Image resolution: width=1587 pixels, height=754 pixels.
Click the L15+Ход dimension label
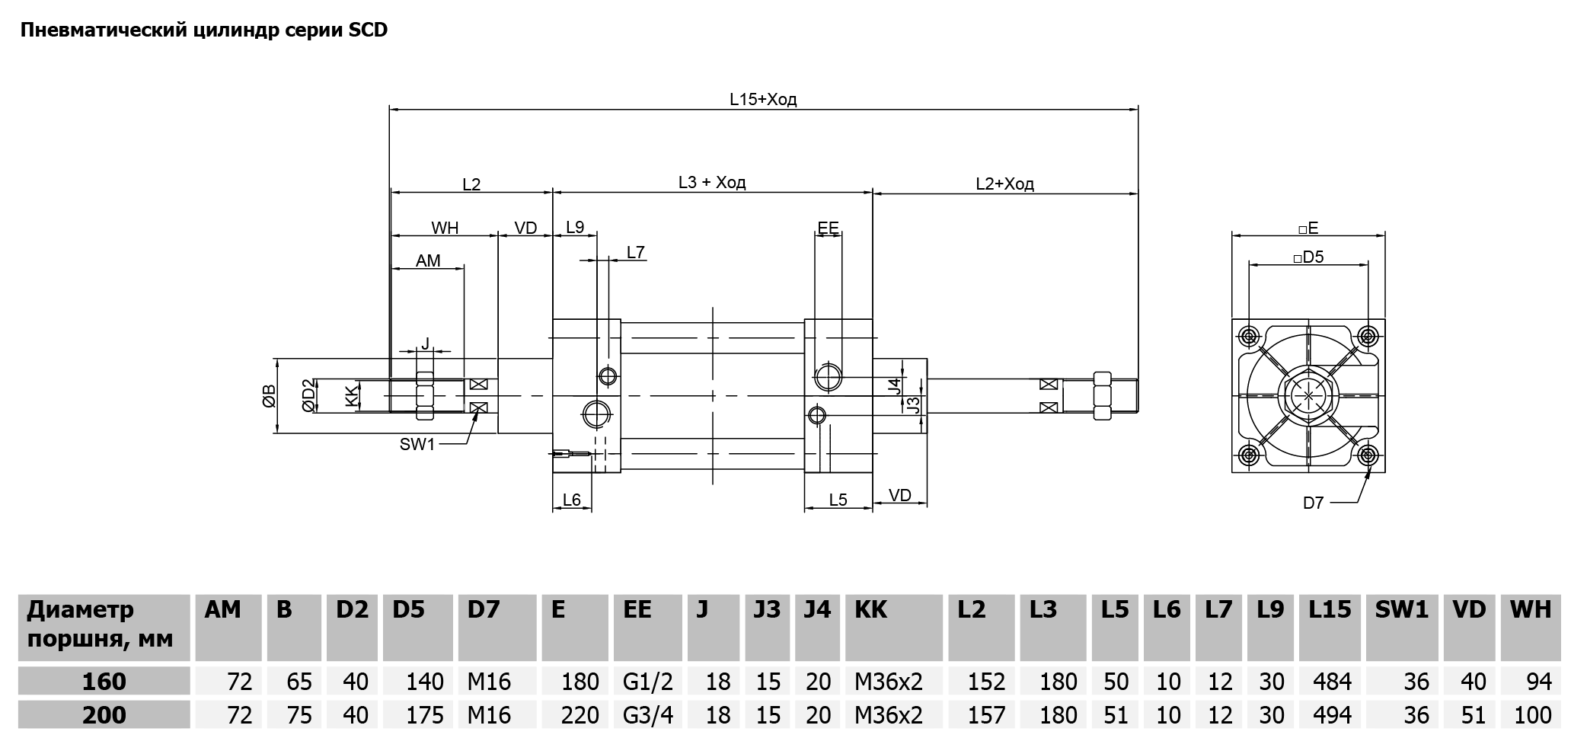click(x=762, y=99)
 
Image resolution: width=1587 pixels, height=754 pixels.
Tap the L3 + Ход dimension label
click(x=712, y=183)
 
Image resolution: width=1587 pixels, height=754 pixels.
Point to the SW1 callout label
click(x=417, y=444)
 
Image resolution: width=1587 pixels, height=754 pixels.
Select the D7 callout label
click(x=1313, y=503)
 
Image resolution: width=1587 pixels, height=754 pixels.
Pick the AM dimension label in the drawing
click(x=428, y=260)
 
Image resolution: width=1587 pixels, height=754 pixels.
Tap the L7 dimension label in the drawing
click(x=636, y=252)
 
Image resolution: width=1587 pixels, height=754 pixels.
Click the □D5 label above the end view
click(x=1308, y=257)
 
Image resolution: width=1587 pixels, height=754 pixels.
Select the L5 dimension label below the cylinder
click(x=838, y=500)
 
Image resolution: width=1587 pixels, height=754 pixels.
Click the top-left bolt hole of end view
click(x=1249, y=336)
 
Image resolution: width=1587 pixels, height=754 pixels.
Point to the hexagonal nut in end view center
click(x=1308, y=396)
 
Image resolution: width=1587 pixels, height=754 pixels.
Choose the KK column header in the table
click(x=871, y=610)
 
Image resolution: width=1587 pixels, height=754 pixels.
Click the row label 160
click(x=104, y=681)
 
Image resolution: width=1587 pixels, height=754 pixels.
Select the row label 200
click(x=104, y=715)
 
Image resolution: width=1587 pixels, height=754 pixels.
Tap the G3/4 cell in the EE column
click(x=648, y=715)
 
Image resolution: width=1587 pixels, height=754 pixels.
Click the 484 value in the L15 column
click(x=1332, y=681)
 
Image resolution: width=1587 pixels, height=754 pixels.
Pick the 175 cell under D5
click(x=424, y=715)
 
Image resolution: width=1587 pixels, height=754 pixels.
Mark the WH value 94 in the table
click(x=1539, y=681)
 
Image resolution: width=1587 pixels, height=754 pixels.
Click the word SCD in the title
click(x=369, y=30)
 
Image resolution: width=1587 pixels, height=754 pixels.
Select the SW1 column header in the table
click(x=1401, y=610)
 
